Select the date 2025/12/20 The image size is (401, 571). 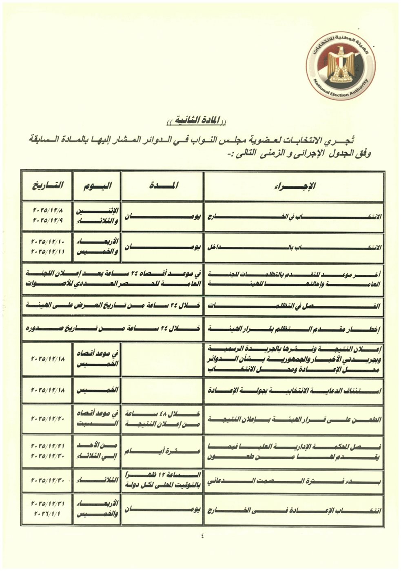pyautogui.click(x=48, y=418)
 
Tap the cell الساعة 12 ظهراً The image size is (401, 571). pyautogui.click(x=162, y=480)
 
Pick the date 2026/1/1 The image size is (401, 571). pyautogui.click(x=48, y=514)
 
